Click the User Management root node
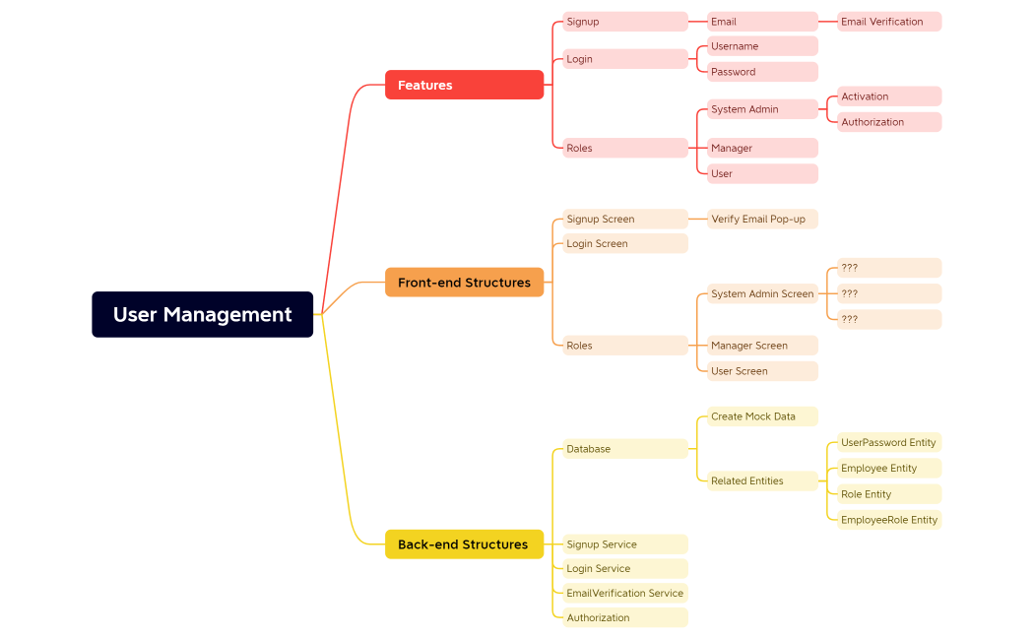point(202,314)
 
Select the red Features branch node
point(464,85)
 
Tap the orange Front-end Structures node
point(464,283)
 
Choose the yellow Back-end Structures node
point(464,544)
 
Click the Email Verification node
point(888,22)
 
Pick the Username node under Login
point(762,46)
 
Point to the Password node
point(762,72)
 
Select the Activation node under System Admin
point(888,96)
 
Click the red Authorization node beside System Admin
point(888,122)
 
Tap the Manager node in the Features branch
point(762,148)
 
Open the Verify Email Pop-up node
point(762,219)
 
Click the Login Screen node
point(624,243)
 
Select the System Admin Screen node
point(762,293)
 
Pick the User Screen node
point(762,371)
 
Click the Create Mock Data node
point(762,416)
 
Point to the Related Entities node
point(762,480)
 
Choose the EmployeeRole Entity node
point(888,520)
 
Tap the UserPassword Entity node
point(888,443)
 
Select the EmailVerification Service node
point(624,593)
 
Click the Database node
point(624,449)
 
